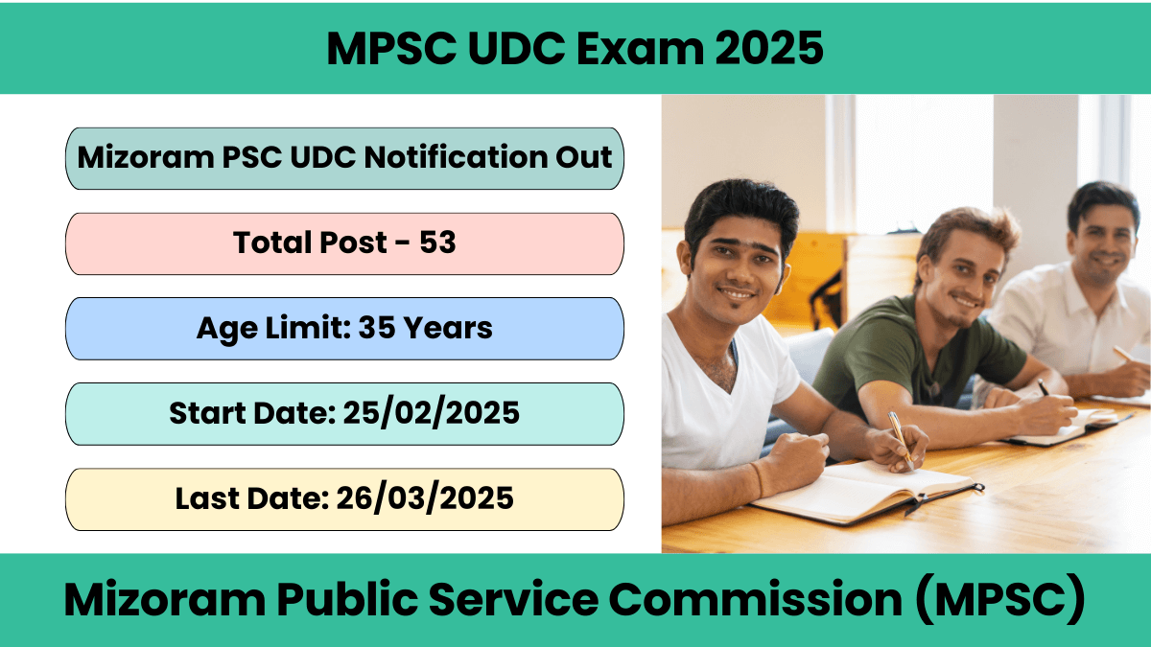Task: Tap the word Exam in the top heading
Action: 640,48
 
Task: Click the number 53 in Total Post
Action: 437,242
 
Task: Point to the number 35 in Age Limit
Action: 377,328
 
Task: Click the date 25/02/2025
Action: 432,413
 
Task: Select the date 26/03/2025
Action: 425,498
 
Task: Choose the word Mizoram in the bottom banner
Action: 165,599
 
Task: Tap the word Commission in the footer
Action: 756,599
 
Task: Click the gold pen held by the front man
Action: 901,440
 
